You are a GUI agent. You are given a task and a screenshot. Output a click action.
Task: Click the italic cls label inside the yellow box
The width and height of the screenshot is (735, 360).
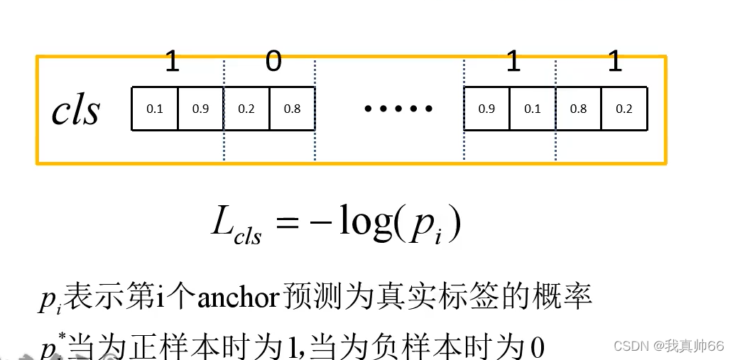(x=76, y=110)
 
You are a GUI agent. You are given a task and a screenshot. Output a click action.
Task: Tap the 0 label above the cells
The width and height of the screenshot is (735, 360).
(x=273, y=62)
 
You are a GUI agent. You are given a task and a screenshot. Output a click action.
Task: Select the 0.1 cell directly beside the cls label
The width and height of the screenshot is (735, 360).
(x=154, y=109)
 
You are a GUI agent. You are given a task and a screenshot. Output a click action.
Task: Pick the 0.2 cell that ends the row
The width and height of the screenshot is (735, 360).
(x=624, y=109)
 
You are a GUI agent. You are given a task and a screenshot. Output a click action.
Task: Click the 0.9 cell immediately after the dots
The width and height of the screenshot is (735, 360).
(x=486, y=109)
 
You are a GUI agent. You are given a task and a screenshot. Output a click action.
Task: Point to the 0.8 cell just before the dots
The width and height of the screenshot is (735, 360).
(x=291, y=109)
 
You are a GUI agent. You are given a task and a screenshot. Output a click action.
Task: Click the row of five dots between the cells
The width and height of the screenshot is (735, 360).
(x=398, y=109)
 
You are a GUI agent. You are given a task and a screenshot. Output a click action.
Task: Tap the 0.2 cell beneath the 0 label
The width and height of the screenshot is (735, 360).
(x=246, y=109)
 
